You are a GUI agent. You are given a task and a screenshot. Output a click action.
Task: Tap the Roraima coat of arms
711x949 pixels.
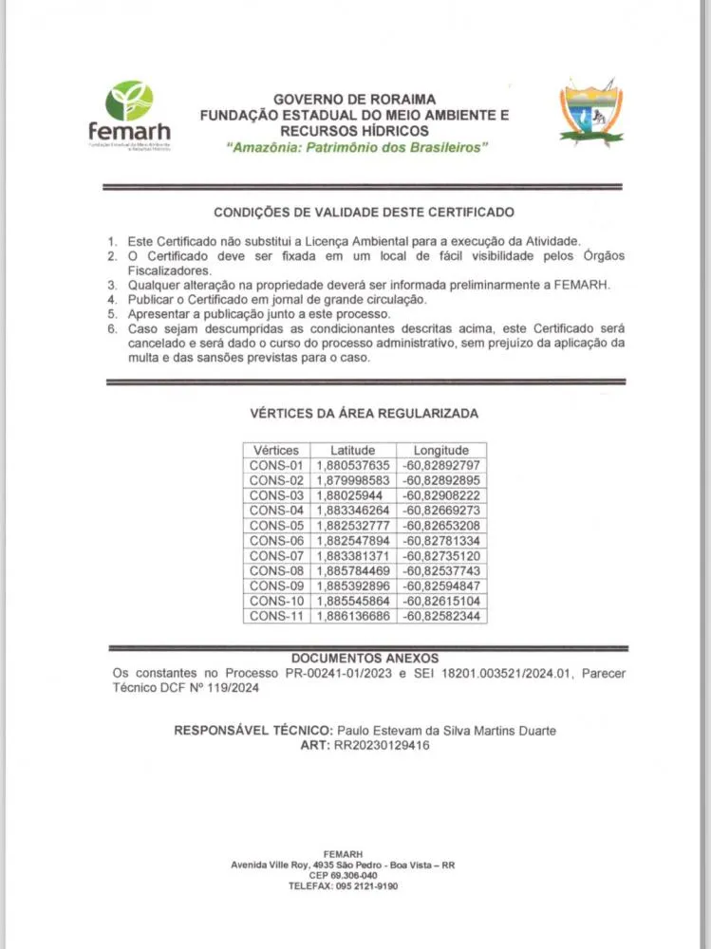[590, 112]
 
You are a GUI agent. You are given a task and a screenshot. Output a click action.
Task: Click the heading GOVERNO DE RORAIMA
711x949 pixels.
[354, 99]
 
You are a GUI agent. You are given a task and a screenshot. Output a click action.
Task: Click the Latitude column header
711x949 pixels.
[353, 450]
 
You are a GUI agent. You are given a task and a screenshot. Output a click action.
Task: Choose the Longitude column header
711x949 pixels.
[441, 450]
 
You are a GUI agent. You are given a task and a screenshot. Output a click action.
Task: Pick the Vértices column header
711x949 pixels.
[276, 450]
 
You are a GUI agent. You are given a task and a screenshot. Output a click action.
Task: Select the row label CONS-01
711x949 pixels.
[276, 465]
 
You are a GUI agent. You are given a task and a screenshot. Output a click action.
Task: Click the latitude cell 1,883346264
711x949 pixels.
[353, 511]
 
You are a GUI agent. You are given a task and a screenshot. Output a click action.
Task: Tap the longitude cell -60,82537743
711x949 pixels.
[441, 570]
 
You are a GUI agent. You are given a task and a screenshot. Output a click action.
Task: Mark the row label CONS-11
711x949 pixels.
[276, 616]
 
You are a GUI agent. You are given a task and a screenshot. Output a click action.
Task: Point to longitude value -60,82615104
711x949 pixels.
[441, 601]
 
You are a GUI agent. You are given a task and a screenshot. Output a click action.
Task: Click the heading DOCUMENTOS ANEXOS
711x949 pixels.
[365, 658]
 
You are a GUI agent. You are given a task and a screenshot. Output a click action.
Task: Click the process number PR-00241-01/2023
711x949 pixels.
[343, 673]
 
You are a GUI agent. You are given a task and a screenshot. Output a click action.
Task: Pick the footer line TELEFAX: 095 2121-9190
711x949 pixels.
[343, 885]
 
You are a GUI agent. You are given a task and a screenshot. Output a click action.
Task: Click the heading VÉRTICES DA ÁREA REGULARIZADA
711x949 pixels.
[364, 414]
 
